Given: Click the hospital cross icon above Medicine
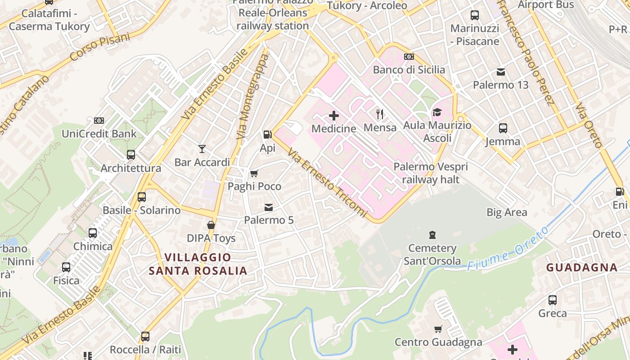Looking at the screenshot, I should pyautogui.click(x=334, y=116).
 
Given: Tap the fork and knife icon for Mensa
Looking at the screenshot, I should pyautogui.click(x=380, y=114).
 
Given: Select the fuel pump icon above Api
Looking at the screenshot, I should pyautogui.click(x=268, y=135).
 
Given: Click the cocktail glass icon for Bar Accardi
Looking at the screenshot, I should pyautogui.click(x=202, y=148).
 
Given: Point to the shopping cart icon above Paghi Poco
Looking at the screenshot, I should pyautogui.click(x=254, y=173).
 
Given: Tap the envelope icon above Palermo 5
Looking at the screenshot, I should pyautogui.click(x=269, y=207).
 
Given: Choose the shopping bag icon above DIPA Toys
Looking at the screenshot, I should pyautogui.click(x=211, y=225).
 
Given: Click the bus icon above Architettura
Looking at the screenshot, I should pyautogui.click(x=131, y=155).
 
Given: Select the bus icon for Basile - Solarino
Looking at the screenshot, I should pyautogui.click(x=142, y=197).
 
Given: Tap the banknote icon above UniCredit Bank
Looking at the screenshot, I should pyautogui.click(x=99, y=121).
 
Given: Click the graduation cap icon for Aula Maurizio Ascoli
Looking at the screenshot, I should pyautogui.click(x=437, y=112).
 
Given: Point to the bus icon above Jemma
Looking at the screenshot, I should pyautogui.click(x=503, y=128).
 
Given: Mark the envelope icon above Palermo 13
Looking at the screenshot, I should pyautogui.click(x=501, y=72).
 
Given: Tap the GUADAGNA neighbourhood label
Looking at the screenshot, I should pyautogui.click(x=582, y=267).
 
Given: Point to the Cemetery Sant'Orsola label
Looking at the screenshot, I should pyautogui.click(x=432, y=254).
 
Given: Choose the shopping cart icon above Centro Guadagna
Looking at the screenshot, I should pyautogui.click(x=438, y=329).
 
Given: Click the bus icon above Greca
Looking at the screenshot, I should pyautogui.click(x=553, y=300).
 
